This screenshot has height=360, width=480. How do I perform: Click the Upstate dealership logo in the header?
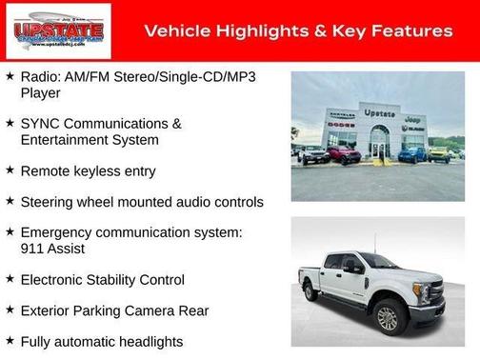(57, 31)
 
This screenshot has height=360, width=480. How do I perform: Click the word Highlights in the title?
(253, 31)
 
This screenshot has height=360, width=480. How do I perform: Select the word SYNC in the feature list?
(38, 124)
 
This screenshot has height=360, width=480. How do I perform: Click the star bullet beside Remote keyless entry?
(10, 171)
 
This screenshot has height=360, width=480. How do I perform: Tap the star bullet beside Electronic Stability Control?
(10, 280)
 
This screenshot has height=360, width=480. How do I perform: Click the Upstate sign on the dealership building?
(378, 112)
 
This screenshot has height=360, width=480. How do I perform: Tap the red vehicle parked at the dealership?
(343, 154)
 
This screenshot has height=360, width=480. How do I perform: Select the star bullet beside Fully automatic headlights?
(10, 341)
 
